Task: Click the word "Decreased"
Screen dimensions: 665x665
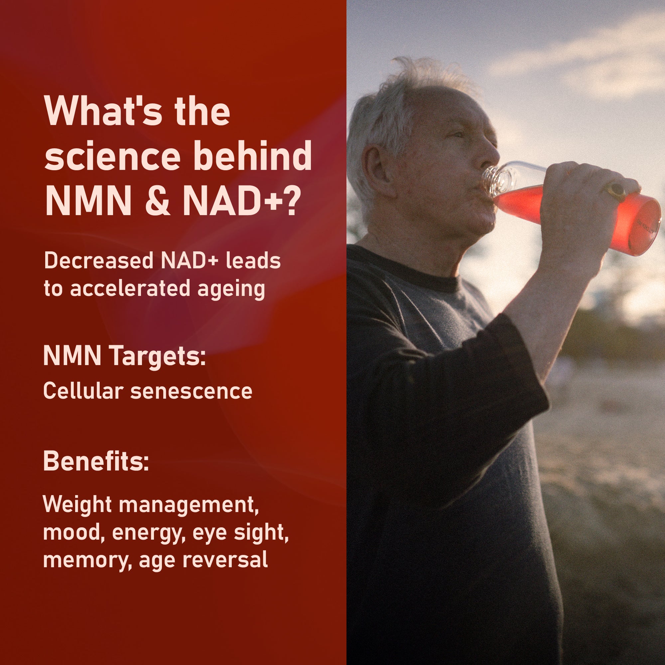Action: tap(98, 261)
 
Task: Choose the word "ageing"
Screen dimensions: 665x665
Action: tap(231, 290)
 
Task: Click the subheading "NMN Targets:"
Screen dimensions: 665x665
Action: tap(125, 356)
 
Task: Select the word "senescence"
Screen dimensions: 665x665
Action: tap(191, 392)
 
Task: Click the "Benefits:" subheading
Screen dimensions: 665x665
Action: tap(96, 461)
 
